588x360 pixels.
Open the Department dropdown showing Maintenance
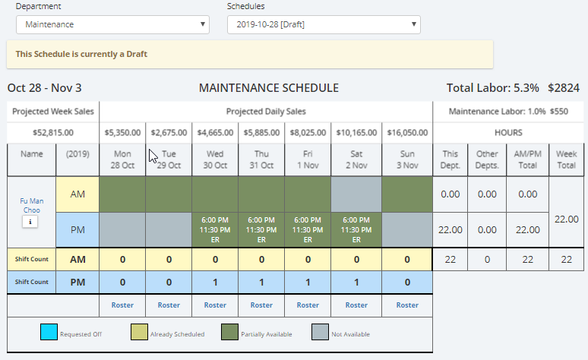112,24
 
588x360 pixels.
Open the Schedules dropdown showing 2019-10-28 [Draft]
324,24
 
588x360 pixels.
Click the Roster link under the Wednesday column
215,305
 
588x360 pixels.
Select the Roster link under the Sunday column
407,305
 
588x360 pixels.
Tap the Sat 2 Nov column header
354,159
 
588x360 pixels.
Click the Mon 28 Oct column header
122,159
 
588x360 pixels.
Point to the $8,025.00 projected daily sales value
308,132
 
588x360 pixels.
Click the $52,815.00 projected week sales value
52,132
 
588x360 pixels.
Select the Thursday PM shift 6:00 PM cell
261,229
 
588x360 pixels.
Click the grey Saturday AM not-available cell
354,194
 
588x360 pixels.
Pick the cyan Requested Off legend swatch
48,333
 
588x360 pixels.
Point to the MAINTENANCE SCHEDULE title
268,88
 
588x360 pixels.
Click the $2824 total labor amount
564,88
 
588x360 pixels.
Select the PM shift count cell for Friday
308,282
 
